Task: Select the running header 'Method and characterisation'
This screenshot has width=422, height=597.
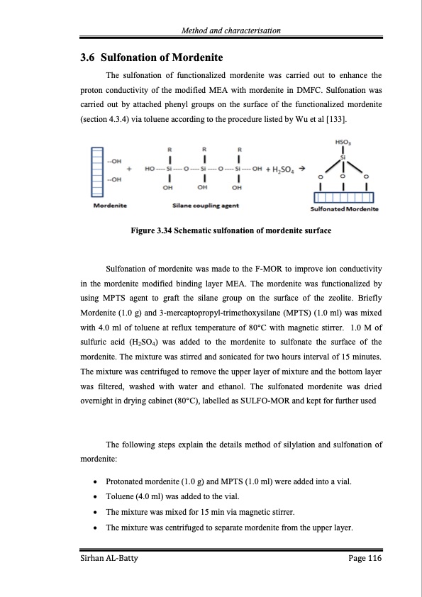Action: point(231,30)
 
